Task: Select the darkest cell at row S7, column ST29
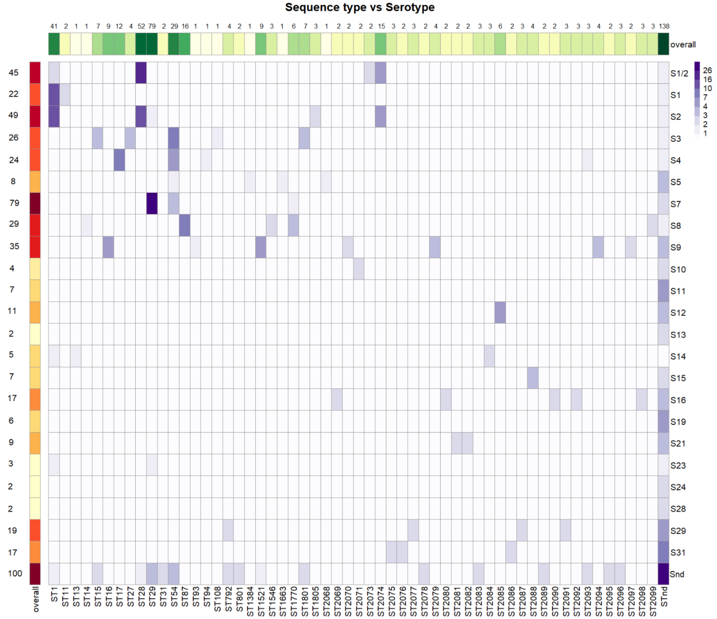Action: coord(152,203)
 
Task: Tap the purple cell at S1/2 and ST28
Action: coord(141,73)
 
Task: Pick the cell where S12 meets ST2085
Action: coord(500,313)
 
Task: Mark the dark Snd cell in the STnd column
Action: coord(663,574)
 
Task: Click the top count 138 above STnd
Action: coord(664,26)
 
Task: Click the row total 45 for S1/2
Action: coord(14,73)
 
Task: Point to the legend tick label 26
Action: coord(707,70)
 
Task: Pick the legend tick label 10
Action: coord(707,88)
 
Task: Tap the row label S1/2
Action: coord(679,73)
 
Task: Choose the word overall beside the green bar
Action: coord(683,45)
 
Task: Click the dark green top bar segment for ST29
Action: coord(152,44)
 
